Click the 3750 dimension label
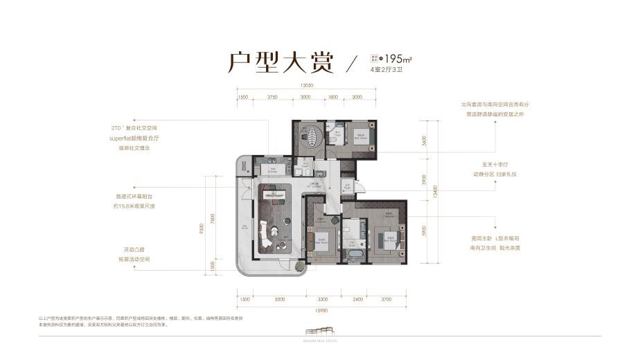coord(272,98)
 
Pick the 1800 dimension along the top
coord(332,98)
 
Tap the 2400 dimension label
coord(357,299)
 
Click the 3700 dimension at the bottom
coord(386,299)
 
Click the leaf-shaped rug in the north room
coord(312,135)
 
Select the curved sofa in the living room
coord(265,235)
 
